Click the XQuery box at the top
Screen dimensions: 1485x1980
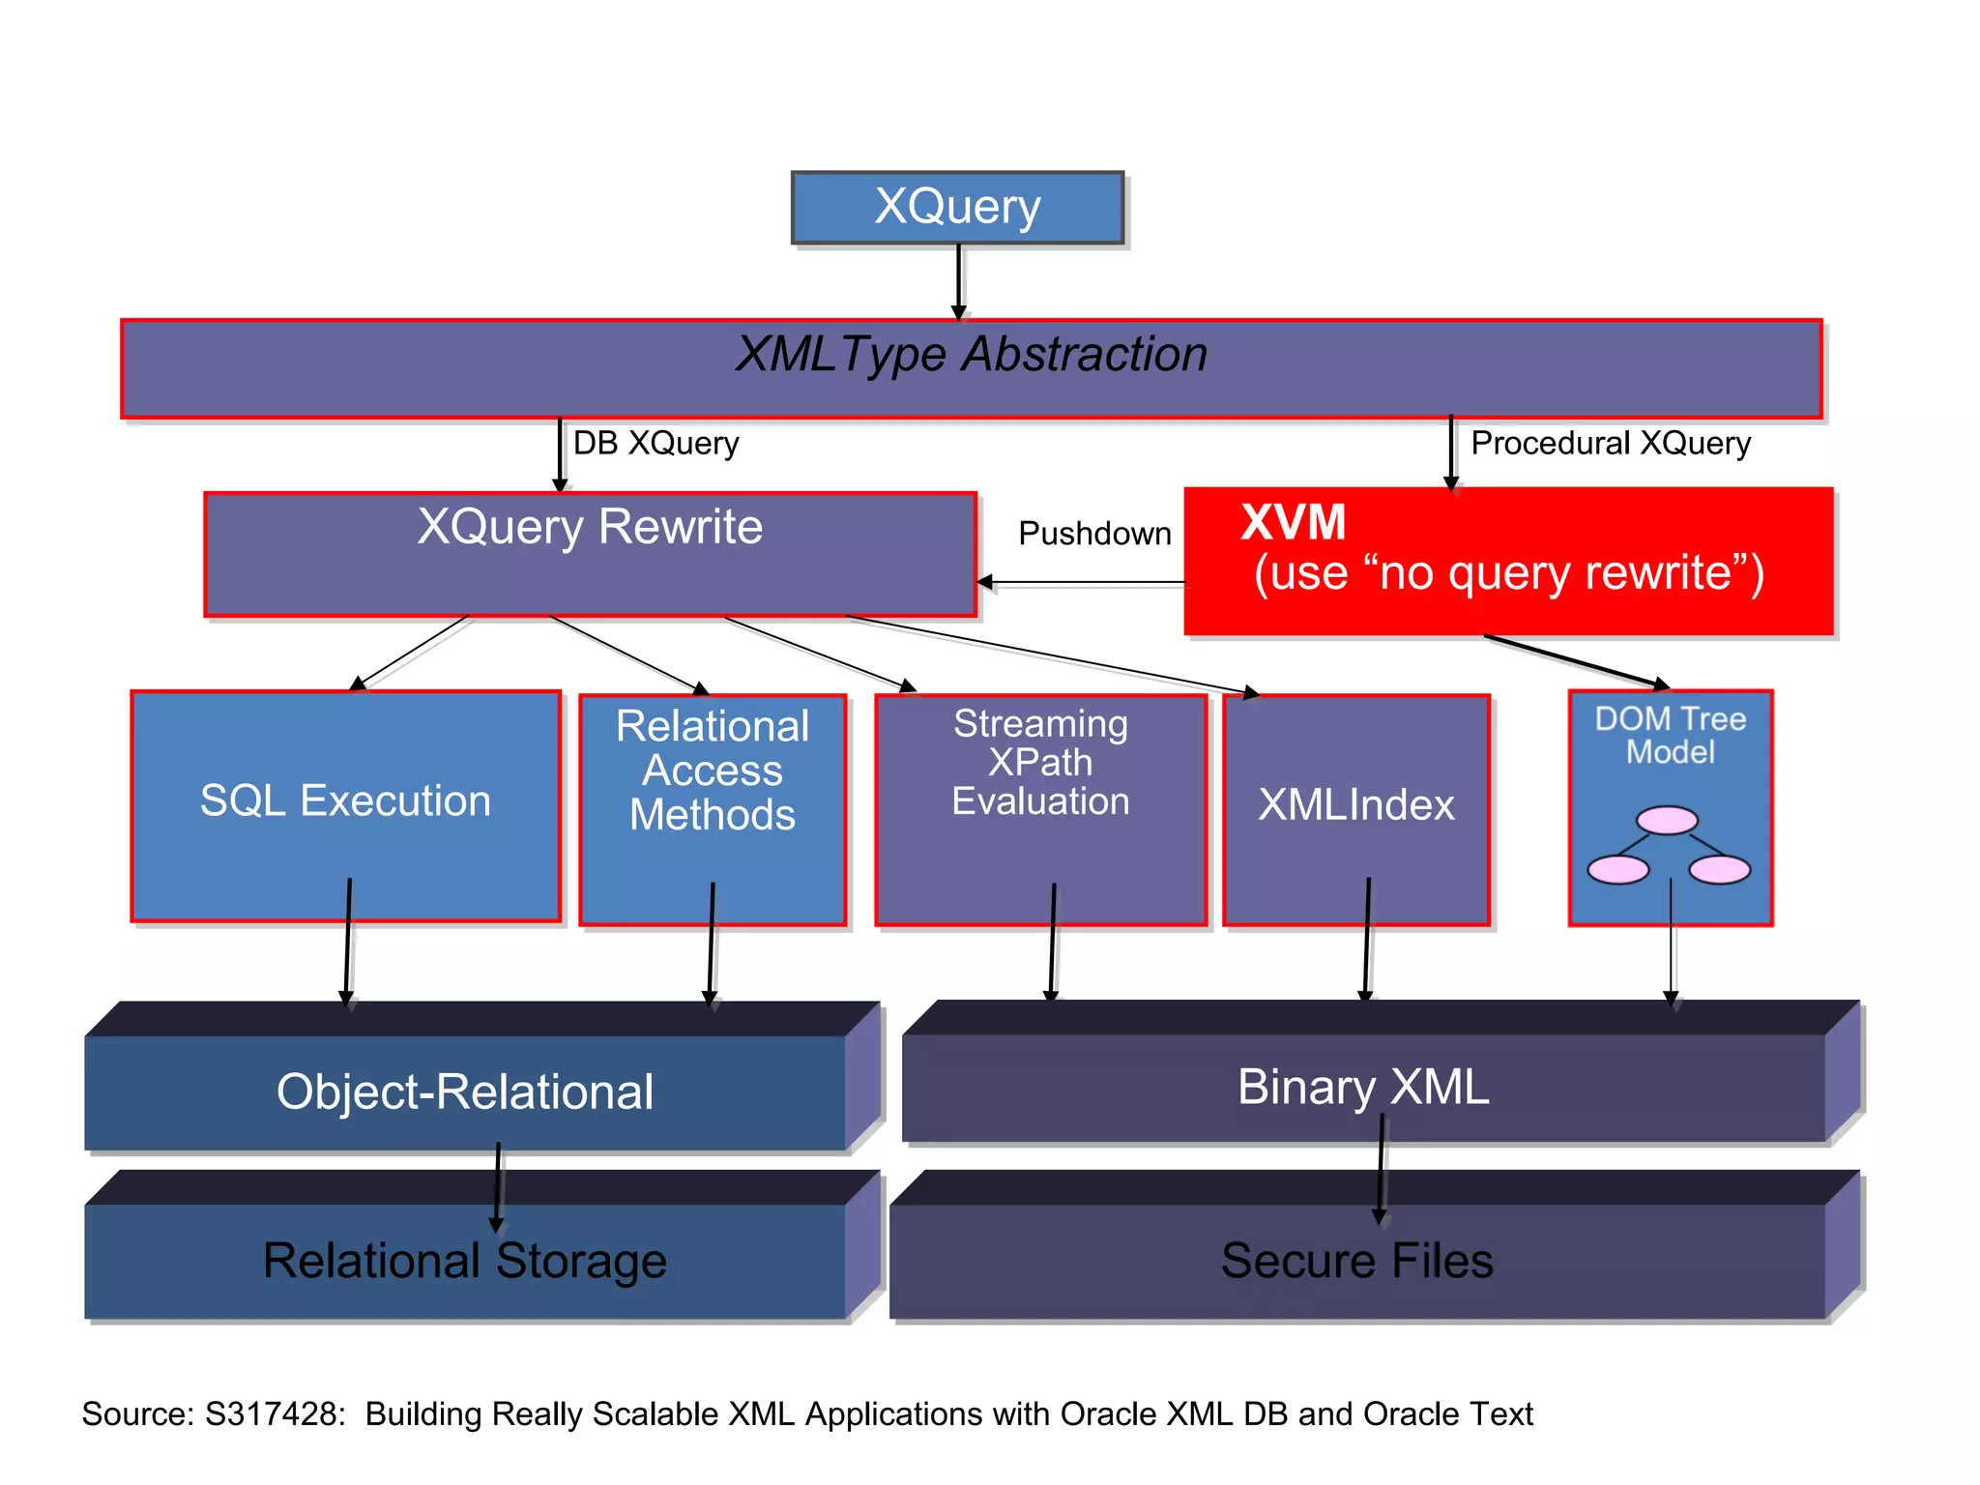(x=957, y=208)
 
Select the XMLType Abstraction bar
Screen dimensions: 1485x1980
(x=971, y=367)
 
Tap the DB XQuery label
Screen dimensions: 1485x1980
(x=655, y=444)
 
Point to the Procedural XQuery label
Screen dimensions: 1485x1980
(x=1610, y=444)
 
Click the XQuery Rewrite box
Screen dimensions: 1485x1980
(x=590, y=554)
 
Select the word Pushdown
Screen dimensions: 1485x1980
(x=1093, y=534)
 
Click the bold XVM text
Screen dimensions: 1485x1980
(x=1293, y=523)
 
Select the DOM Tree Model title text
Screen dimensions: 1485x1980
(x=1670, y=735)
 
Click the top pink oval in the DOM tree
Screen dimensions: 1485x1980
(x=1667, y=821)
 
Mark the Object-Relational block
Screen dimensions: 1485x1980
(x=465, y=1092)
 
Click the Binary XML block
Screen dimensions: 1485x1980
(x=1362, y=1088)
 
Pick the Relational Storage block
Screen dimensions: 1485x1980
(x=465, y=1261)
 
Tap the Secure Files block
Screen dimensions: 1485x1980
(x=1356, y=1261)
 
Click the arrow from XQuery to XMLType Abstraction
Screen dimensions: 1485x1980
(x=958, y=280)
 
